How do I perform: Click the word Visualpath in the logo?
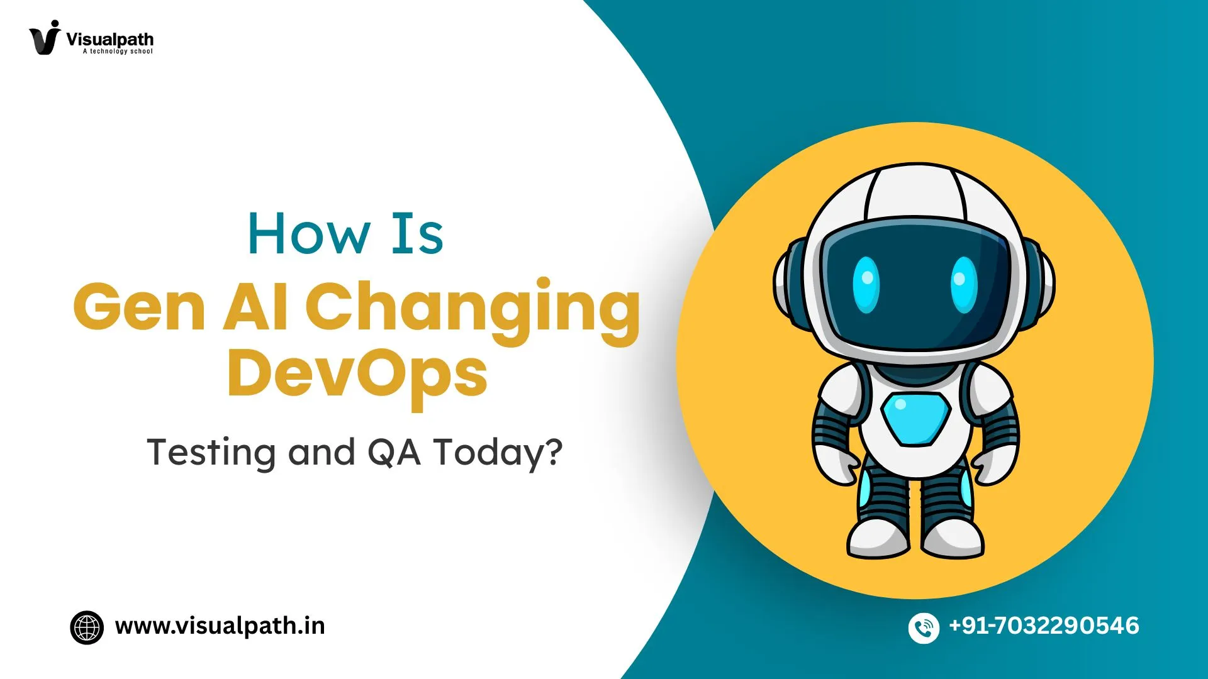pos(109,39)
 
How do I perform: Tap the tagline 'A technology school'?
pos(118,52)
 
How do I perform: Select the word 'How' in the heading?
pos(308,234)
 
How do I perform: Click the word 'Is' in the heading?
pos(417,234)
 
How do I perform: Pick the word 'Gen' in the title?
pos(140,306)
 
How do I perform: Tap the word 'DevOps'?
pos(357,375)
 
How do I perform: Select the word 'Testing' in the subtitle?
pos(211,453)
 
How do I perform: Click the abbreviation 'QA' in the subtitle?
pos(394,453)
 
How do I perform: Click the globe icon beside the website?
pos(87,627)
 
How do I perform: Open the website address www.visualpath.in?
pos(220,626)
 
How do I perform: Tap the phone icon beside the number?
pos(924,627)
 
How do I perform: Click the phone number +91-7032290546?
pos(1044,626)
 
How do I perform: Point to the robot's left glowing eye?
pos(866,285)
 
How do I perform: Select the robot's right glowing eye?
pos(963,285)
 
